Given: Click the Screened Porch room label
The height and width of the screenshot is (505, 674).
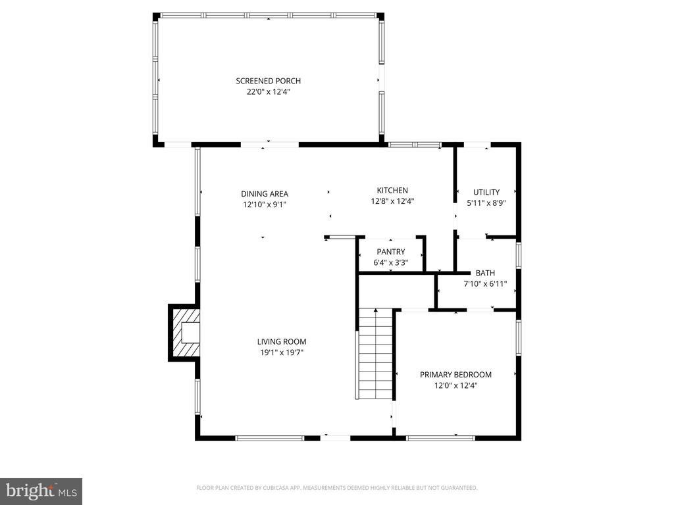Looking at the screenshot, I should coord(268,81).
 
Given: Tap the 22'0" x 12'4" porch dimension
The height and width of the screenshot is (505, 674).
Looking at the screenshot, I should coord(268,92).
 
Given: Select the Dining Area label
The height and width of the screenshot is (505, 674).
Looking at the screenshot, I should coord(264,193).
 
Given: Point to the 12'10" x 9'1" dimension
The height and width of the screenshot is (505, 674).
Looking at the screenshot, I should coord(264,204).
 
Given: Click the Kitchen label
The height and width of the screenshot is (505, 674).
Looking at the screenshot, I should coord(392,190).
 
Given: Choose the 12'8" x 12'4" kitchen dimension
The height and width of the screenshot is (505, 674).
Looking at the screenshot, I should coord(392,202).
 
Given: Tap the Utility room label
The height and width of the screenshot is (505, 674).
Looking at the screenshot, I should coord(486,192).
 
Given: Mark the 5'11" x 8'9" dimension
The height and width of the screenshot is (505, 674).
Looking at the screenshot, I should coord(486,204).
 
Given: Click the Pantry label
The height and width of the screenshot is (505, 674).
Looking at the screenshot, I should coord(390,252).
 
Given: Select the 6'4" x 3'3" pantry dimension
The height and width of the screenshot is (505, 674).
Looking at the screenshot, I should coord(390,263).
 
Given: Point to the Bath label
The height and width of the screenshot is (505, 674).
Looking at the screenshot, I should coord(485,273).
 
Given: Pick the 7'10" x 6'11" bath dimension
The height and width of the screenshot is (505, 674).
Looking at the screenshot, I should coord(485,284).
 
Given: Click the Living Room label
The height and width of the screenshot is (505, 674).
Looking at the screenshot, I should coord(281,341).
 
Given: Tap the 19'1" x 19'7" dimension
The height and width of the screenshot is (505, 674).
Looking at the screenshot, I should coord(281,352).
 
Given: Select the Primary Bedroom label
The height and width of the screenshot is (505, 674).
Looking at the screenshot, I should coord(455,375).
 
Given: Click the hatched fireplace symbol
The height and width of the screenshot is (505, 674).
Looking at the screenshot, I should coord(185,332).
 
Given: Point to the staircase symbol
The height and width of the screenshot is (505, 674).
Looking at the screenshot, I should coord(375,355).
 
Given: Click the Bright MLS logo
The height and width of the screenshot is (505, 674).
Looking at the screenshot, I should coord(41,491).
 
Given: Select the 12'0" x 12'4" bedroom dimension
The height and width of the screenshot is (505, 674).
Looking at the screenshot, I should coord(455,386).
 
